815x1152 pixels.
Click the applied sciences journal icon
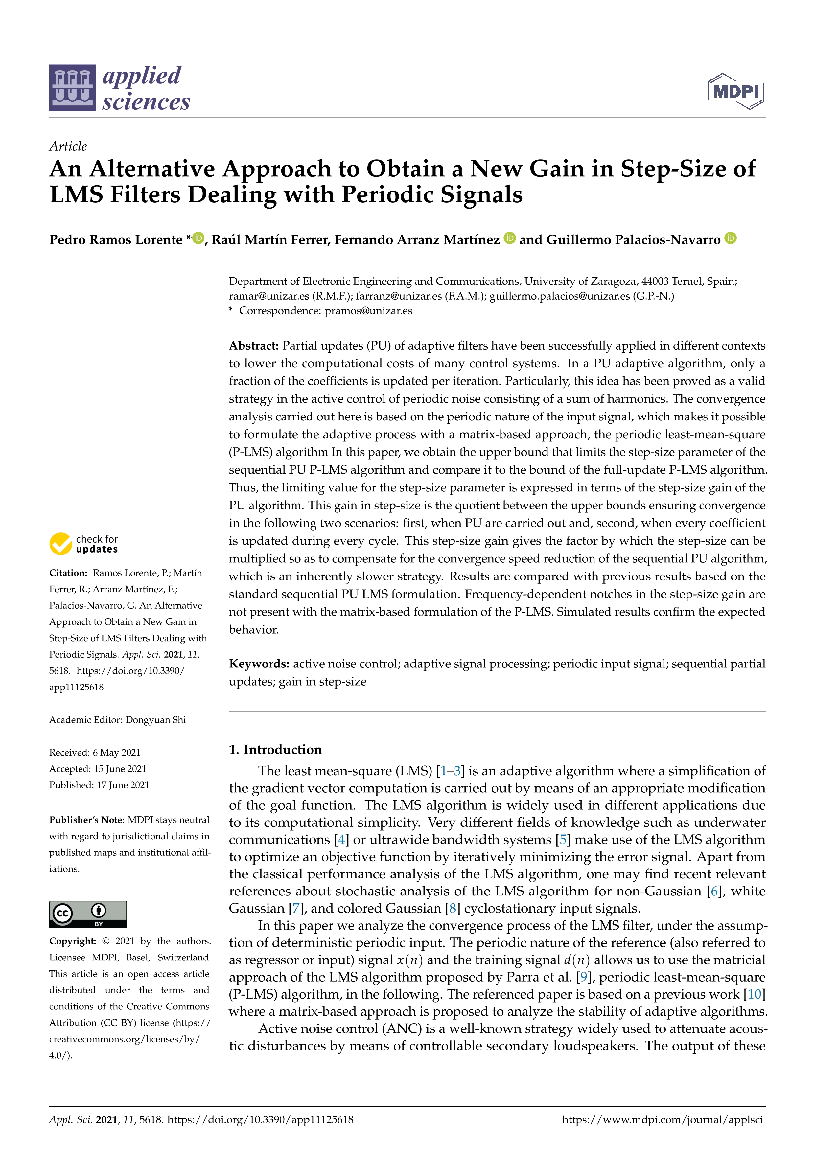[x=72, y=88]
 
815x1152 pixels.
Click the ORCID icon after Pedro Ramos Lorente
[x=199, y=238]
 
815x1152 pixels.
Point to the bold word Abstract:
[x=253, y=346]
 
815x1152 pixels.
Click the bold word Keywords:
[x=259, y=664]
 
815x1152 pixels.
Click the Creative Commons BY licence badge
[x=88, y=914]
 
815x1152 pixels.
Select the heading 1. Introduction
[x=275, y=750]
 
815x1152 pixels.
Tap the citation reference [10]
[x=754, y=994]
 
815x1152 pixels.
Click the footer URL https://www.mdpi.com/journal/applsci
[x=663, y=1119]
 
